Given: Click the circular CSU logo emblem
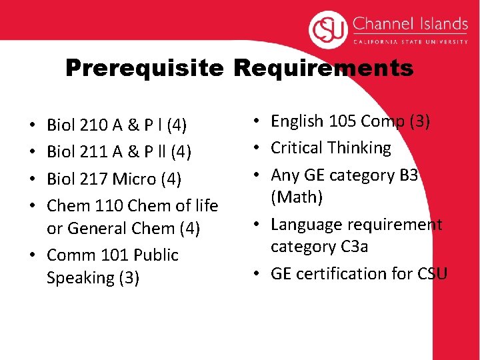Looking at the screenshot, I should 328,31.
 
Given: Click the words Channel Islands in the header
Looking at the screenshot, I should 410,25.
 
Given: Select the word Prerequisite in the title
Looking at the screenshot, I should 145,68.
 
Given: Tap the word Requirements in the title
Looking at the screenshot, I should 323,68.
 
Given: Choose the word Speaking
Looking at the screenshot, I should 79,277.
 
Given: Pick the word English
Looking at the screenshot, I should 297,121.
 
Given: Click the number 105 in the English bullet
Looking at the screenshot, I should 340,121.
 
